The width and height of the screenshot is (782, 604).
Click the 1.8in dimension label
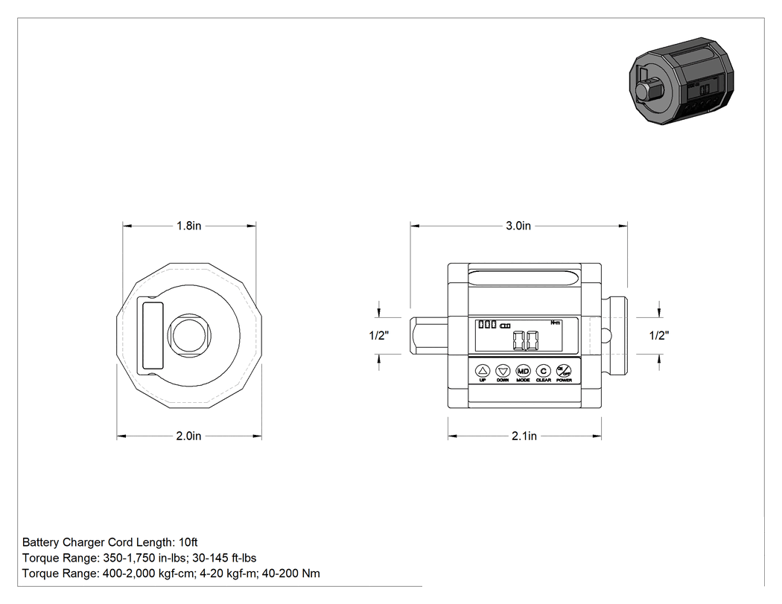click(189, 226)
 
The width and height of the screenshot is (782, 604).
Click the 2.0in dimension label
click(188, 436)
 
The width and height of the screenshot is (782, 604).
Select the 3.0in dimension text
click(518, 226)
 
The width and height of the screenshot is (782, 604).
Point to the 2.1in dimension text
click(524, 436)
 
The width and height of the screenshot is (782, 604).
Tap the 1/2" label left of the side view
click(379, 336)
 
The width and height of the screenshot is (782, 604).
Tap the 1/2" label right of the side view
click(659, 336)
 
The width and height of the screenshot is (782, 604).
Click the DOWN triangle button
click(503, 371)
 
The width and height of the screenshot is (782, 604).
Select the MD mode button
click(523, 371)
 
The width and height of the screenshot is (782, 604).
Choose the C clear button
click(543, 371)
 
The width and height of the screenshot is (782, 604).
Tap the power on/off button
click(564, 371)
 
